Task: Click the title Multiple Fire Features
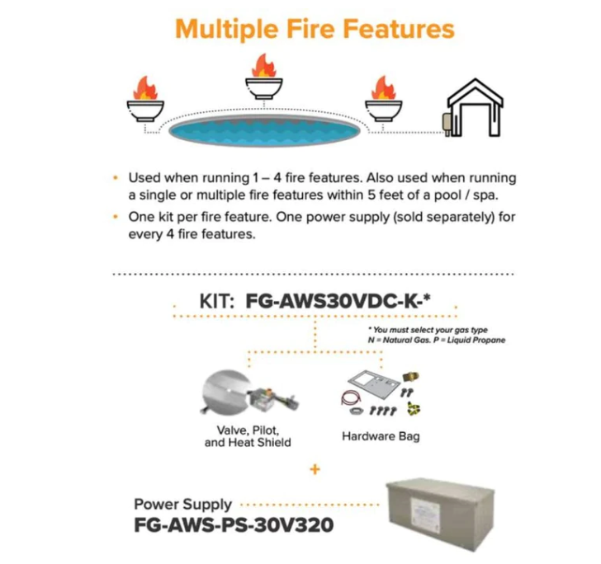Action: pos(315,29)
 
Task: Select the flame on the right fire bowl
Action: pos(381,87)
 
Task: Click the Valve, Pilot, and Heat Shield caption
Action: pos(247,436)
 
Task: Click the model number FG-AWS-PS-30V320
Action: pos(234,524)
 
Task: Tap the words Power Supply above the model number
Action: pos(183,503)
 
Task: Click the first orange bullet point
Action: pos(114,178)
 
